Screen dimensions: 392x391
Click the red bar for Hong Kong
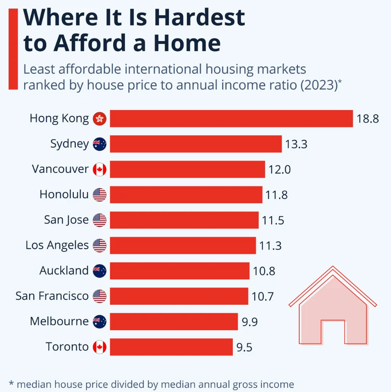231,119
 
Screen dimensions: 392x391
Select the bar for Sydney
195,144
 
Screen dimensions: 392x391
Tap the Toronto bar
171,347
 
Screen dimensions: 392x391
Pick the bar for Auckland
180,271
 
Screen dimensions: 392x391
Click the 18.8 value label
368,119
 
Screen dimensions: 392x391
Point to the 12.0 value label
280,170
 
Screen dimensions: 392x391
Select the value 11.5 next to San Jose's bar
273,220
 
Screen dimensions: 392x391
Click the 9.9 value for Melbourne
250,322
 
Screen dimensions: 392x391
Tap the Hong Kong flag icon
100,119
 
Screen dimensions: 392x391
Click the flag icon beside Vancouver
100,170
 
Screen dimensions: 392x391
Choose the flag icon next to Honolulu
100,195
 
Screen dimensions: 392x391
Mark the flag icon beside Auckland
100,271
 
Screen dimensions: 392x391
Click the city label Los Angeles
57,245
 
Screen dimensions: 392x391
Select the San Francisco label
52,296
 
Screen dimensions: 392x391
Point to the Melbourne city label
59,322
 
